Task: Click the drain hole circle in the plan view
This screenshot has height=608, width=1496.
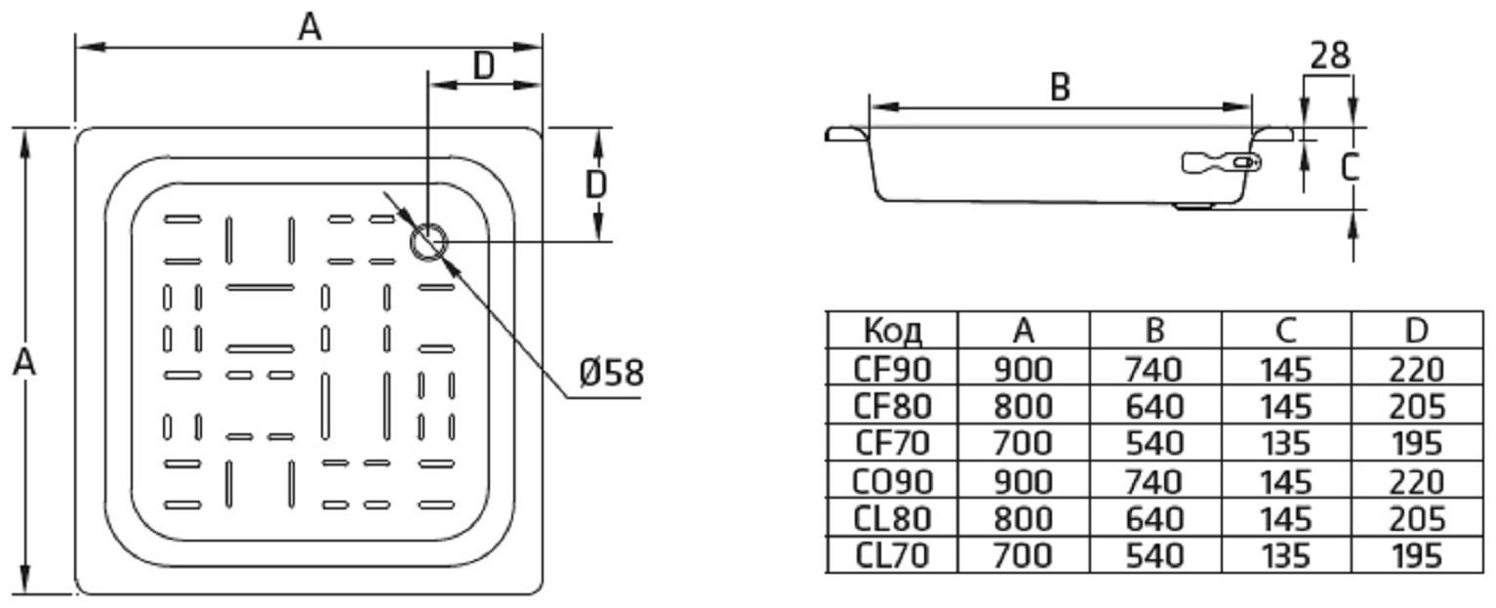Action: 428,241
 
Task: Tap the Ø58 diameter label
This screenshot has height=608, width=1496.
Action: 611,373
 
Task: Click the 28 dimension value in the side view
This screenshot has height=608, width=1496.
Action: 1329,56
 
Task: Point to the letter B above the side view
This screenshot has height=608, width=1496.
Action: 1061,88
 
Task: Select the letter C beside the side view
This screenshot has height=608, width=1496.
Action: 1349,168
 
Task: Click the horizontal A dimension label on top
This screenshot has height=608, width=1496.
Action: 309,27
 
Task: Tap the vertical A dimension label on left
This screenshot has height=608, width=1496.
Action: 24,362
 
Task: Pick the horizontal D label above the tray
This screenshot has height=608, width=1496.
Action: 484,66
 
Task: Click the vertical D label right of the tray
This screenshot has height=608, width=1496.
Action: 596,183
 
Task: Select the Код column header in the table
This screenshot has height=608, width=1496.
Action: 892,331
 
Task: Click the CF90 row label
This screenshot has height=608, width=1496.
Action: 892,369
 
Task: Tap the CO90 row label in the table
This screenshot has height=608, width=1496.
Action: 892,481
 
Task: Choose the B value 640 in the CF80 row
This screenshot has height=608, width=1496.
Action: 1153,406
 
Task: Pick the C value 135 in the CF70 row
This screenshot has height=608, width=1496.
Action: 1285,444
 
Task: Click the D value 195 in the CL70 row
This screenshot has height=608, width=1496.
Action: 1416,556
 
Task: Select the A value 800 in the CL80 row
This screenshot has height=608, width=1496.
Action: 1022,518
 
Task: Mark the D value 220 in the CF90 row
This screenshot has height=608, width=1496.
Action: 1416,369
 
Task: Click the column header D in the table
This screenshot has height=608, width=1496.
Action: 1416,331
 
